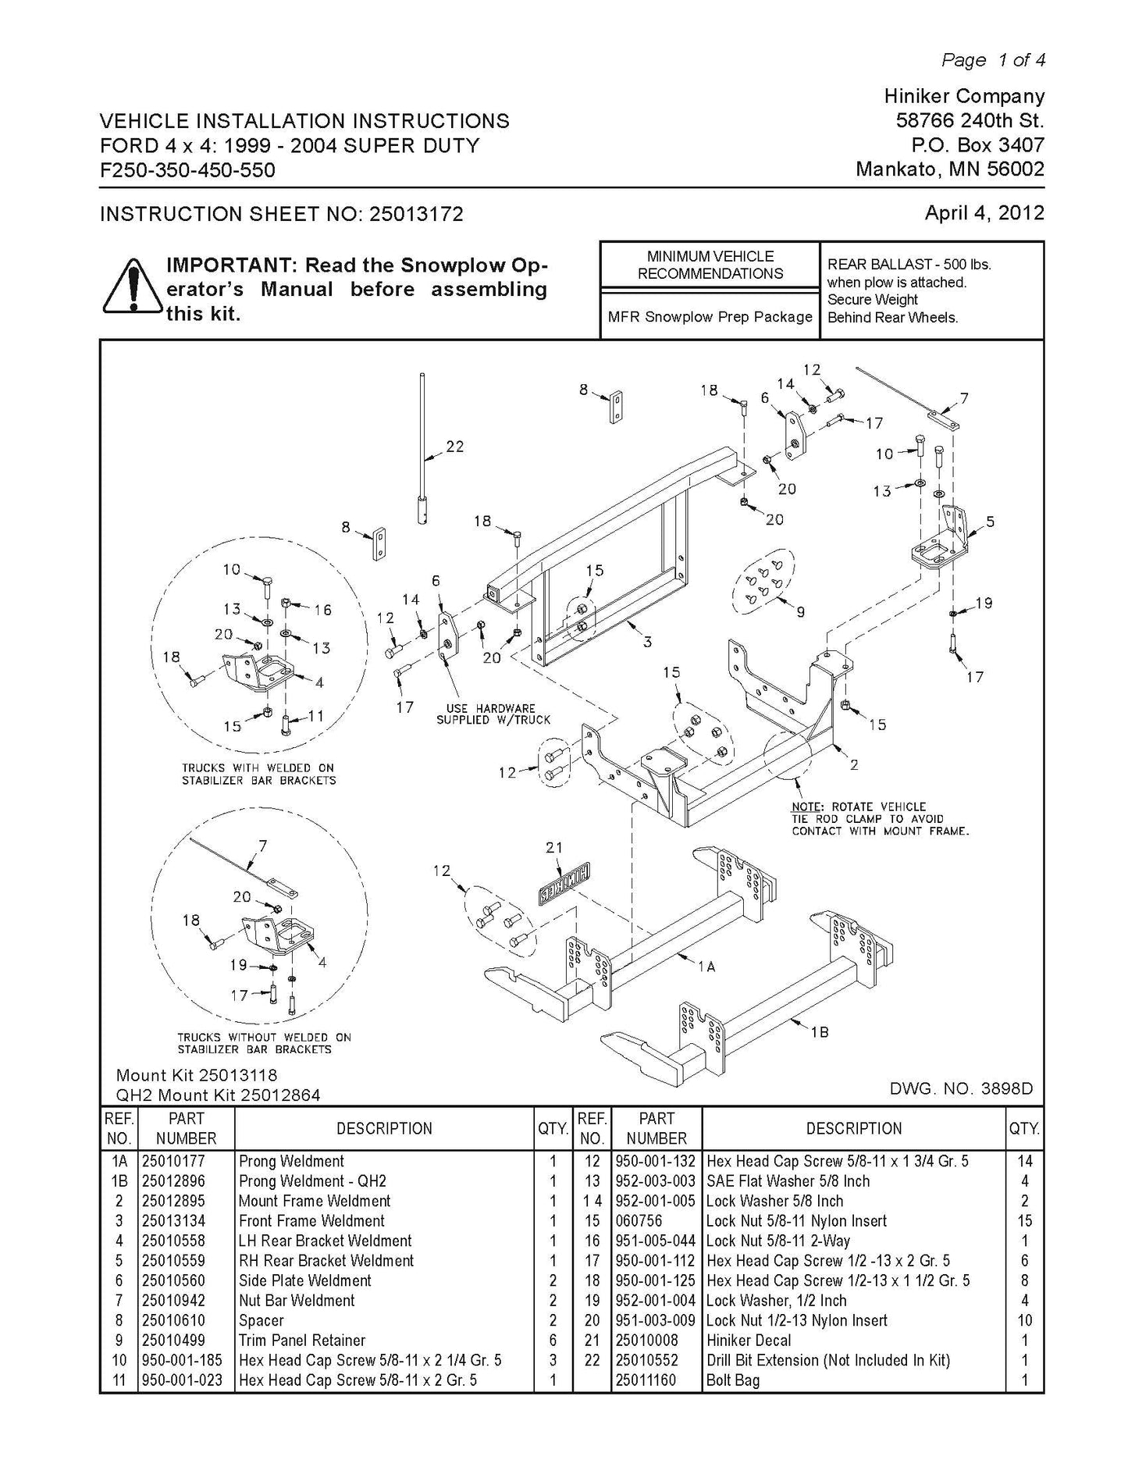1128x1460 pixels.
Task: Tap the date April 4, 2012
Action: (984, 212)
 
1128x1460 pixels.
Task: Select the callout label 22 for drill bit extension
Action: (454, 447)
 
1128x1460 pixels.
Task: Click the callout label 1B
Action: (819, 1032)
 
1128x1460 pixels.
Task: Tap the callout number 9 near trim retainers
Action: (800, 612)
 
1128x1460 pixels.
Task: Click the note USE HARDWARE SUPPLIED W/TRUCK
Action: (493, 714)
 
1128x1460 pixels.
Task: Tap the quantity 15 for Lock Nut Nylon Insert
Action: (1024, 1220)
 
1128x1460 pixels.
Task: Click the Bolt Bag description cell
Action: (732, 1380)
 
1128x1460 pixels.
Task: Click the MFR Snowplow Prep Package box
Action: (710, 317)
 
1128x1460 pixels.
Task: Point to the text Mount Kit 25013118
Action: (196, 1076)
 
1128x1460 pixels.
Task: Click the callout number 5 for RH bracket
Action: (990, 522)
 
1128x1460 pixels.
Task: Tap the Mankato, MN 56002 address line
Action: (949, 169)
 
